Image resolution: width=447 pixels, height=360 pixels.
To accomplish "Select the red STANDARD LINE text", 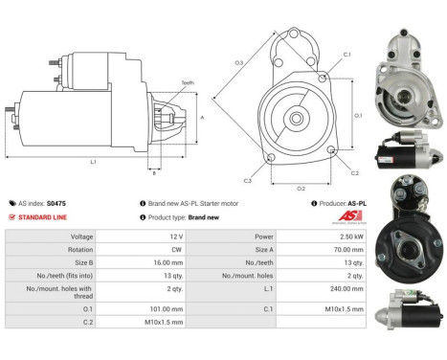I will [x=42, y=217].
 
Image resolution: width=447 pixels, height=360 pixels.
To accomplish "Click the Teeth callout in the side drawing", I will [x=187, y=83].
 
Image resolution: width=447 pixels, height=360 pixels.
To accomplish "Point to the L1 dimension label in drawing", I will [x=93, y=163].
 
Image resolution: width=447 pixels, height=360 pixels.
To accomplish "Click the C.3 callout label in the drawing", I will [x=247, y=181].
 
